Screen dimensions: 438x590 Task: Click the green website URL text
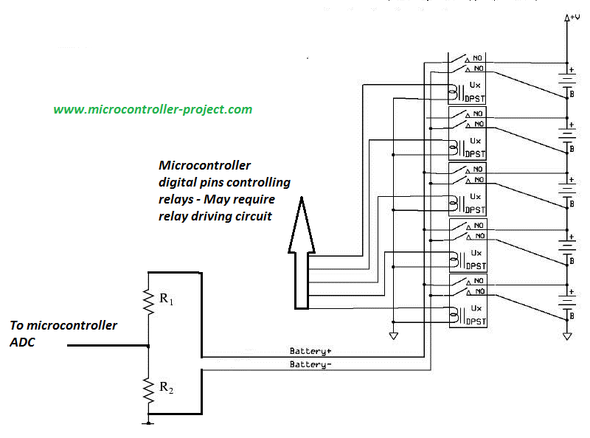point(153,109)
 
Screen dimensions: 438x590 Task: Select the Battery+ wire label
point(310,351)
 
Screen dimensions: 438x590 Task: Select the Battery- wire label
point(310,364)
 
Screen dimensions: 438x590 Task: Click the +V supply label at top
point(572,17)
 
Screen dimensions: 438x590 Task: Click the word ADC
point(22,342)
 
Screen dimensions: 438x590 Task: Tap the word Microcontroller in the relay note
point(205,165)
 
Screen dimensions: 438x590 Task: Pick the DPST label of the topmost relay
point(475,96)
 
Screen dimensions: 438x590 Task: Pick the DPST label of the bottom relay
point(475,321)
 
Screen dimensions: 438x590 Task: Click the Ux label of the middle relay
point(475,198)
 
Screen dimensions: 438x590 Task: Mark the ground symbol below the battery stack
point(567,336)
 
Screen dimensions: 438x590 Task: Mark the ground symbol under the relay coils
point(393,336)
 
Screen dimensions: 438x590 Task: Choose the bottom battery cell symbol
point(566,302)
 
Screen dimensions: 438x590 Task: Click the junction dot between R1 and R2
point(149,345)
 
